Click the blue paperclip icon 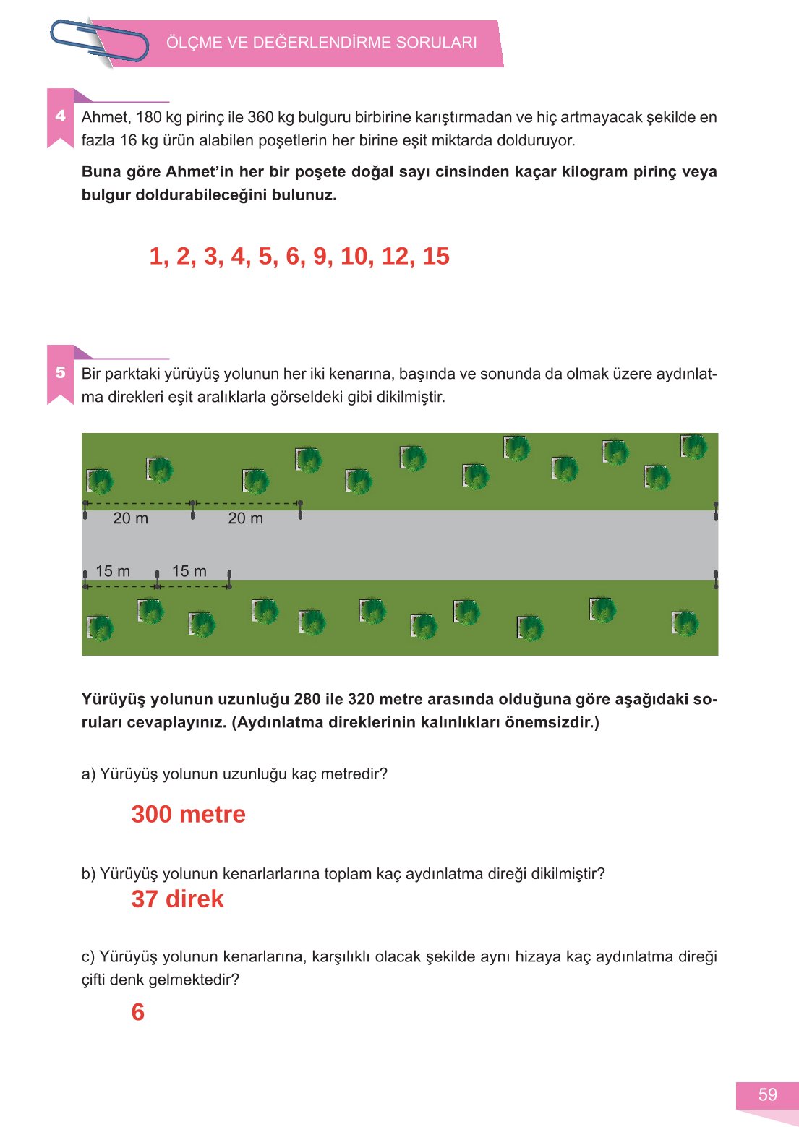click(x=99, y=41)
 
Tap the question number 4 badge click(x=61, y=116)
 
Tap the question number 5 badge click(x=61, y=372)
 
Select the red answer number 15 click(x=436, y=256)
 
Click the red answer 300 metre click(x=188, y=814)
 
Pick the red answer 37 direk click(x=177, y=899)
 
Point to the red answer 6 click(x=137, y=1012)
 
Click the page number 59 click(x=767, y=1094)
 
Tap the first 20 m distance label click(x=130, y=518)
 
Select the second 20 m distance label click(x=245, y=518)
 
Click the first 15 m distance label click(x=113, y=571)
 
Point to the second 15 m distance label click(x=189, y=571)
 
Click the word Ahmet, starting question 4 click(x=105, y=117)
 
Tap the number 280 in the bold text click(x=309, y=699)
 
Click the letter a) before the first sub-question click(x=88, y=774)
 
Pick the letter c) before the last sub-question click(x=88, y=957)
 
